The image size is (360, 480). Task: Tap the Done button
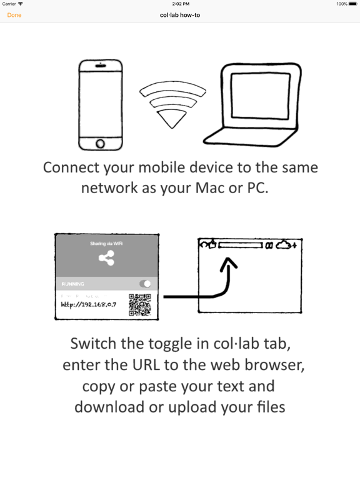point(14,15)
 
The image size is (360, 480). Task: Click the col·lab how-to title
point(180,15)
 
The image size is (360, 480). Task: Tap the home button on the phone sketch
point(100,144)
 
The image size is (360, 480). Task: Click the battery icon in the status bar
point(352,4)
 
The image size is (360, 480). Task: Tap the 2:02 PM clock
point(180,4)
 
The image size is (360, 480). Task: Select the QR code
point(141,306)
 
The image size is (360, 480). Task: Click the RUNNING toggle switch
point(146,284)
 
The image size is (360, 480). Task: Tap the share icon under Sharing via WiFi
point(106,258)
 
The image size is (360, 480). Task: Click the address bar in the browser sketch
point(241,245)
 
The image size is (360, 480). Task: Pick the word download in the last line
point(109,407)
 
